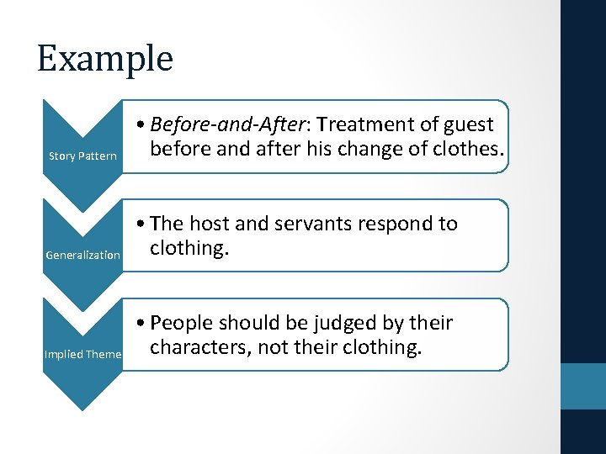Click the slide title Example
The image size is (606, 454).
104,59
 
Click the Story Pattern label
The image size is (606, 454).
82,156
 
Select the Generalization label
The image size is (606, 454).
82,255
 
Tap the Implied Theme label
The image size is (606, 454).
82,354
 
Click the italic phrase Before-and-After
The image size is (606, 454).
223,124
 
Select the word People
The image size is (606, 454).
185,324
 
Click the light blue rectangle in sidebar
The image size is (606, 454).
582,386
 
